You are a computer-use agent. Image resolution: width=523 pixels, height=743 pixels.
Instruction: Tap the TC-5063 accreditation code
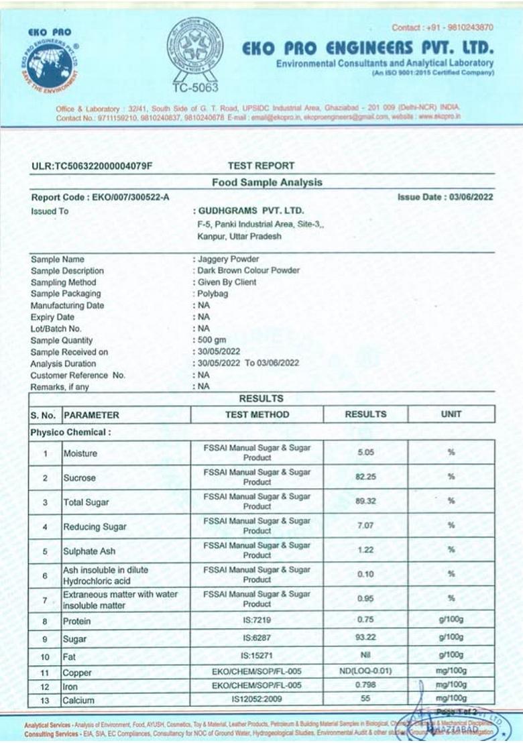point(193,87)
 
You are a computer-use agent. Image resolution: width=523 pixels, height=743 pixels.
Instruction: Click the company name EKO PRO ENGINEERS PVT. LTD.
point(367,48)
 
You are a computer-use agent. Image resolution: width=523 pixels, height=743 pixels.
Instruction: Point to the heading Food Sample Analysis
point(267,182)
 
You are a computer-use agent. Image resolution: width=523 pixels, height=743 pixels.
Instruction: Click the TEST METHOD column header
point(257,414)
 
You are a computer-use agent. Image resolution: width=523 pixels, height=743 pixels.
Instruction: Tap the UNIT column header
point(451,414)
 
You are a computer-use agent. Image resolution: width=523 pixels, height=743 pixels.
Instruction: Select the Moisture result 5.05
point(365,453)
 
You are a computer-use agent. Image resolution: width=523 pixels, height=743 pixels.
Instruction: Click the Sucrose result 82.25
point(365,477)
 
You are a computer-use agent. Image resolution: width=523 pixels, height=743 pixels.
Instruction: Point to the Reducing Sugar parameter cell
point(95,526)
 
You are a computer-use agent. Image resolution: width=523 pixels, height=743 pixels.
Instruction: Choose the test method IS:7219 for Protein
point(257,621)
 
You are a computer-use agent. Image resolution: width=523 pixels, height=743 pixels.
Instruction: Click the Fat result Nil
point(365,654)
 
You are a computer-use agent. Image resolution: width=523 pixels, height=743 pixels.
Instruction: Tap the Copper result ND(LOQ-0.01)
point(365,671)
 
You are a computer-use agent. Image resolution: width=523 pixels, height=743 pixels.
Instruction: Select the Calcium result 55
point(365,699)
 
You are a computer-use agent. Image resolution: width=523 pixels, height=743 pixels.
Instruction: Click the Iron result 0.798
point(365,685)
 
